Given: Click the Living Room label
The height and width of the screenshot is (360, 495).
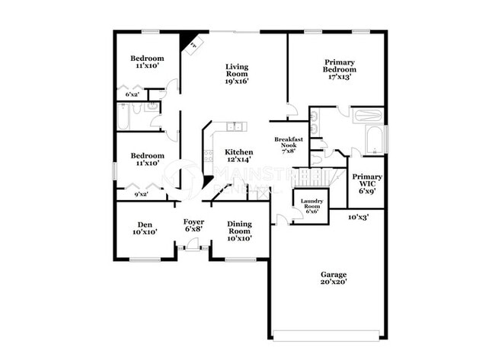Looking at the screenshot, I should [x=237, y=73].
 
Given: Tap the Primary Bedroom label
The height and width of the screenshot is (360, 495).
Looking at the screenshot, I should [x=340, y=69].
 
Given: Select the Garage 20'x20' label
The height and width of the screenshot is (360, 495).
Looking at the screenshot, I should [x=334, y=279].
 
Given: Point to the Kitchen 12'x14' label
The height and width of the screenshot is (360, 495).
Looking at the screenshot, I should [x=238, y=157].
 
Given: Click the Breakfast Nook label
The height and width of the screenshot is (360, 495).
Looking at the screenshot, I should [x=289, y=145].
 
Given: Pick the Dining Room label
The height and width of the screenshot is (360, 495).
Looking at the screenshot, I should [x=240, y=230].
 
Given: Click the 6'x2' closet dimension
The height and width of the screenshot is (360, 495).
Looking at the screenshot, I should [x=132, y=95].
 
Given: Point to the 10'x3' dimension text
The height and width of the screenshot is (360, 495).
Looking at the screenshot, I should [x=359, y=217].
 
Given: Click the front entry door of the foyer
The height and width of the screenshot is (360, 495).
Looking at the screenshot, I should [x=193, y=247].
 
